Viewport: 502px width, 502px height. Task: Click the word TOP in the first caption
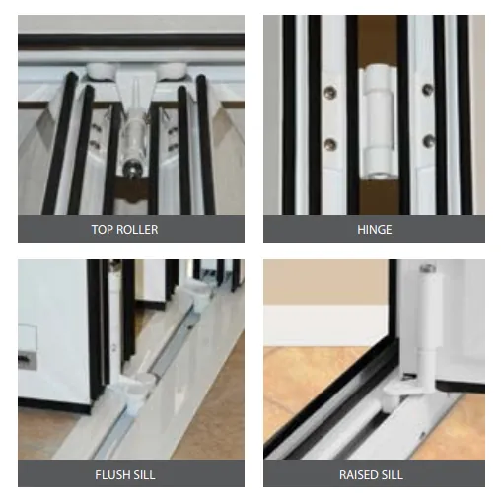coord(102,230)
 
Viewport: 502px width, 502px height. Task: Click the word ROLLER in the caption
coord(136,230)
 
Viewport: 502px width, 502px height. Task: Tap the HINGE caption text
coord(375,230)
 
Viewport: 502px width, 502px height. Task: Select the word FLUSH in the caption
coord(108,475)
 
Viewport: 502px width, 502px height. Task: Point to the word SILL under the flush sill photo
coord(140,475)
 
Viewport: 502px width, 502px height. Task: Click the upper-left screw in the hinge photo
coord(330,92)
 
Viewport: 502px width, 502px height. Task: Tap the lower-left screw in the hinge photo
coord(330,145)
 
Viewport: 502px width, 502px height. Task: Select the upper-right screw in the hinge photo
coord(428,89)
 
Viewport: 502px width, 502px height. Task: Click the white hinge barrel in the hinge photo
coord(378,121)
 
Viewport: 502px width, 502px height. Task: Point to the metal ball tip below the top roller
coord(131,168)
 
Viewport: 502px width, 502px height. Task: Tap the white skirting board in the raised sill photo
coord(325,325)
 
